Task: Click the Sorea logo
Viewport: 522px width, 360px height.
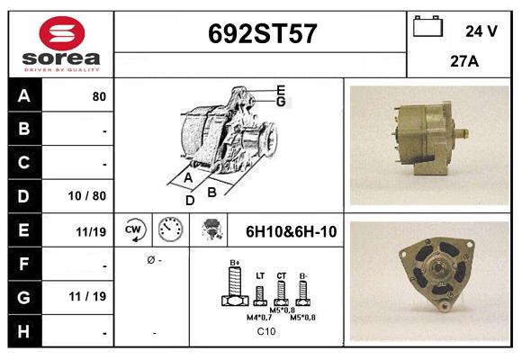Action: coord(61,44)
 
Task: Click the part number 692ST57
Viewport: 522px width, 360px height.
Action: coord(261,34)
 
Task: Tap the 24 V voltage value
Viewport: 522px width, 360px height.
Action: coord(481,31)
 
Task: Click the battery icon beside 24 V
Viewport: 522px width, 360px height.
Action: coord(427,27)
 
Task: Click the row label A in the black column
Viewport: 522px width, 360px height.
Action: coord(24,96)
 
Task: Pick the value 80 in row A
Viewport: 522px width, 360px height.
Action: coord(99,96)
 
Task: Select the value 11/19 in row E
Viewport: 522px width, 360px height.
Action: coord(92,231)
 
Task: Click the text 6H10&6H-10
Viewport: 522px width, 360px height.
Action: coord(291,231)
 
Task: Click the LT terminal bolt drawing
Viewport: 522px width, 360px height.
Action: coord(260,292)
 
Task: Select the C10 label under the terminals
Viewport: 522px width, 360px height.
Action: coord(266,332)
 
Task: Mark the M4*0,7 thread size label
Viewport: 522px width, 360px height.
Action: coord(259,317)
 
